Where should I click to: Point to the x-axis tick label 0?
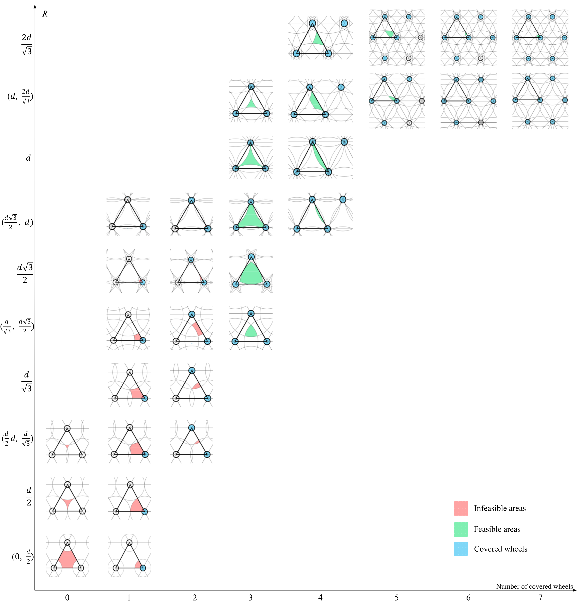67,598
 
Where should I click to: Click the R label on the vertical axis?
45,14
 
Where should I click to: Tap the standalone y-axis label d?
28,158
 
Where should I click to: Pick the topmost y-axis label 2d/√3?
27,44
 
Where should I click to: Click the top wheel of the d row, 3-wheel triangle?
250,143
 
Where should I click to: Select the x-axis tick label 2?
194,598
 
